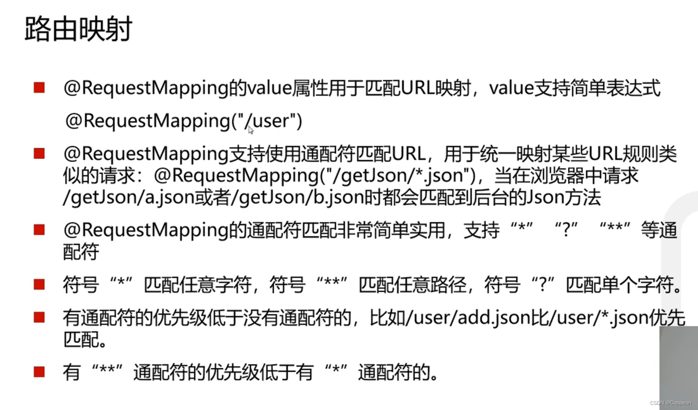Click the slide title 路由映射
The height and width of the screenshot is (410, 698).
[x=79, y=29]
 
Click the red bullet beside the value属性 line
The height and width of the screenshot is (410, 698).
[x=39, y=88]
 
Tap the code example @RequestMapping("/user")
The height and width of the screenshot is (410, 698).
[x=184, y=121]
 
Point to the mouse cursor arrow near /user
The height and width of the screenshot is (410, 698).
[x=251, y=130]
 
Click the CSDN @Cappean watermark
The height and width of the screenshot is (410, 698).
[x=671, y=403]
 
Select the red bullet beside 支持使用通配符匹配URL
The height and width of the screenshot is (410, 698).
[x=39, y=153]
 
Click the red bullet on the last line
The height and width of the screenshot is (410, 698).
[x=39, y=372]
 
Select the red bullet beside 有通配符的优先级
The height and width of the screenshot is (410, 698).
[x=39, y=317]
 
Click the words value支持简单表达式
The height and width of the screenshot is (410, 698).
[x=575, y=88]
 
